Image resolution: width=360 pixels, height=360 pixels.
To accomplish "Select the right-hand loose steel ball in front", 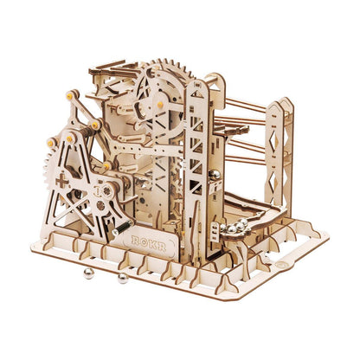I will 124,279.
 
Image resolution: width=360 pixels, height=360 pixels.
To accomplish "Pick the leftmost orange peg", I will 50,141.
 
